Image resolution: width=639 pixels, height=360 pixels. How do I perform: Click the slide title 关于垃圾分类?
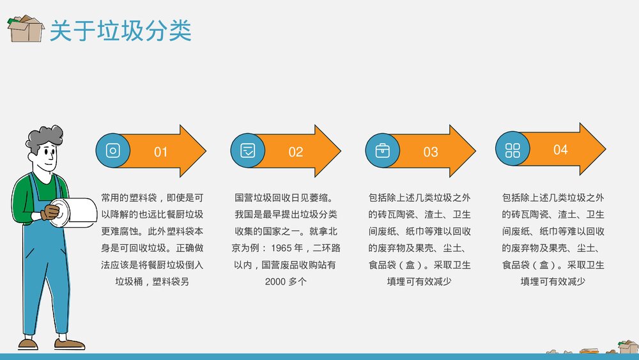pos(121,30)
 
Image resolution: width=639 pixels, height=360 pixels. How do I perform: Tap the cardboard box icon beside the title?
pos(26,29)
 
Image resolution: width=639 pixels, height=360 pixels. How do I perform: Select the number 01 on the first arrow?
pos(160,152)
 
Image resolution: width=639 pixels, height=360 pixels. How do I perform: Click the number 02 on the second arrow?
pos(295,152)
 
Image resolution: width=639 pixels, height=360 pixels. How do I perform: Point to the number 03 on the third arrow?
pos(431,152)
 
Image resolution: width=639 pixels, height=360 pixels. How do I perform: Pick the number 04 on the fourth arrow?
pos(560,150)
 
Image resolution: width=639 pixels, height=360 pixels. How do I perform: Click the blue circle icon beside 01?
pos(113,151)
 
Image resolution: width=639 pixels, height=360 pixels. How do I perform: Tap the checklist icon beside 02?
pos(248,151)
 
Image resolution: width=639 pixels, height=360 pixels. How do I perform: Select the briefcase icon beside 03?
pos(383,151)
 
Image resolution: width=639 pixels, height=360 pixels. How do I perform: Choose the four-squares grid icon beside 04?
pos(513,150)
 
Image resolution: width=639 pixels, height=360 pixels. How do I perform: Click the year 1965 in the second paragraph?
pos(283,247)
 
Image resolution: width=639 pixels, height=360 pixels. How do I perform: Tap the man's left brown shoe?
pos(27,343)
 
